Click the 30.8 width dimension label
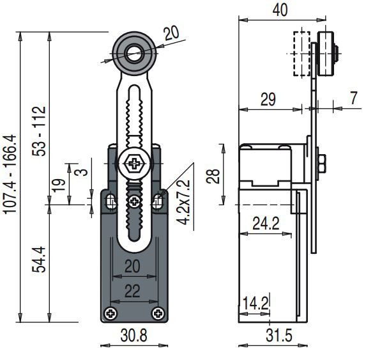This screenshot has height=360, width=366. [133, 336]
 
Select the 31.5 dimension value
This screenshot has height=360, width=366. [279, 336]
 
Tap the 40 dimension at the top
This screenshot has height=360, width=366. [280, 10]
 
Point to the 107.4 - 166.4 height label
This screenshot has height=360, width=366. [10, 174]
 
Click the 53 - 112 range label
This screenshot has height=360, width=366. [39, 131]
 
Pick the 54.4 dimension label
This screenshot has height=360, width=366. [39, 260]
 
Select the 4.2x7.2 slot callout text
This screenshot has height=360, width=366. [183, 202]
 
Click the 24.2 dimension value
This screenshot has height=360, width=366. [266, 223]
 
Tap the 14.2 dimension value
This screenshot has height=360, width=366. [256, 304]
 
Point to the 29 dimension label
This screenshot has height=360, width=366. [268, 99]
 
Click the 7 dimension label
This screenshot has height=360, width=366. [354, 98]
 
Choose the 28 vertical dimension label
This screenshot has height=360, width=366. [213, 176]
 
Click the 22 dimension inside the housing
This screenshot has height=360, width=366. [132, 292]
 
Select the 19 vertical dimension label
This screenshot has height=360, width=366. [58, 185]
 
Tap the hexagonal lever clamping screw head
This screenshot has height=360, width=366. [133, 163]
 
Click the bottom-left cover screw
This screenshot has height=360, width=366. [111, 313]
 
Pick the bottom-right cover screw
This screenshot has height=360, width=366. [158, 313]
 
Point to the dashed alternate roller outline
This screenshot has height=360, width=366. [301, 54]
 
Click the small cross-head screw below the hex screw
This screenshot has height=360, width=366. [134, 201]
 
